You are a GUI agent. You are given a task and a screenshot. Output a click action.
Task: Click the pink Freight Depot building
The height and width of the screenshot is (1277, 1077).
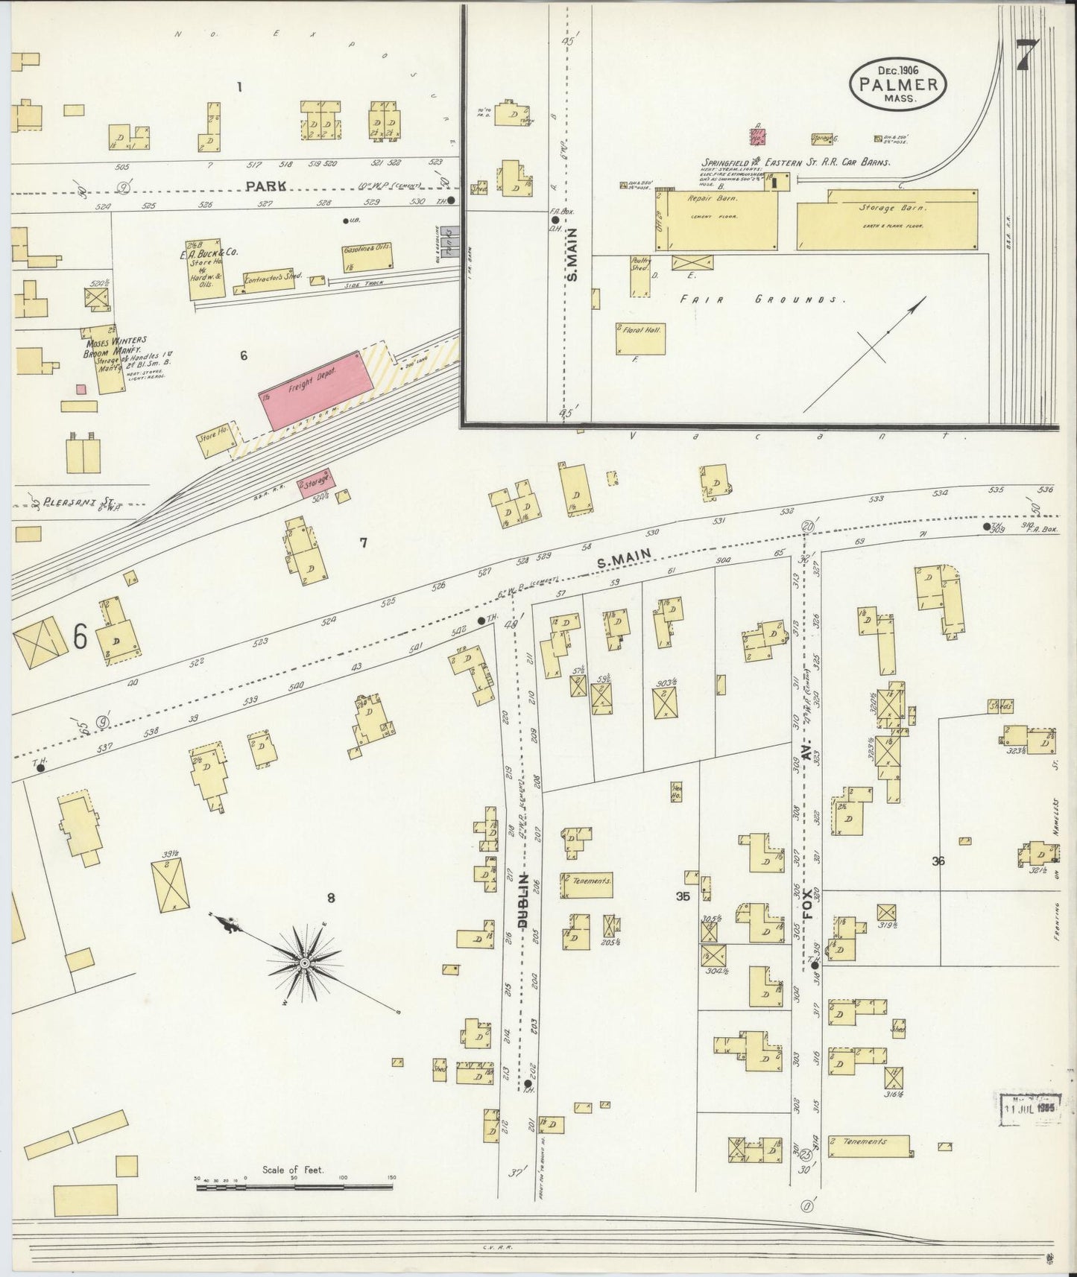point(316,387)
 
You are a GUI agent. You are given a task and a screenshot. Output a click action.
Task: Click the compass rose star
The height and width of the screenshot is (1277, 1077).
point(304,964)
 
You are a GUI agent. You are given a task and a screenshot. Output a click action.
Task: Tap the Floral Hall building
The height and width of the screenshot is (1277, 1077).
point(639,338)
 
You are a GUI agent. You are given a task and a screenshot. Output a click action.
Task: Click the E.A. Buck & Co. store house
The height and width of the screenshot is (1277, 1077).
point(205,270)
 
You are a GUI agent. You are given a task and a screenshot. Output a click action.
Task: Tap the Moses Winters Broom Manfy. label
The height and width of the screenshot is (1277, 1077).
point(111,346)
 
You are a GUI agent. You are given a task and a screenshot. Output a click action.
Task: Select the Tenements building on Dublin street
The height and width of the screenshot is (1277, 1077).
point(587,881)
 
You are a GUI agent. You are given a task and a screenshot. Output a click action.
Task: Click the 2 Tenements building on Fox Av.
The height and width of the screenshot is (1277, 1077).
point(868,1145)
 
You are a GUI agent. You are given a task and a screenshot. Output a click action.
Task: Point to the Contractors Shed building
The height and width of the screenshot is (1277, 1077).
point(271,281)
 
